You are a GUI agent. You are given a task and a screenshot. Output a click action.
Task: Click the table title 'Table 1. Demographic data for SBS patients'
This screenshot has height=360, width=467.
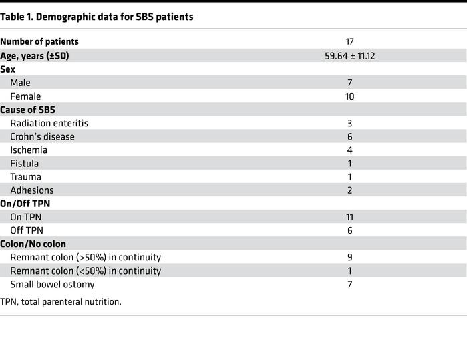click(x=98, y=17)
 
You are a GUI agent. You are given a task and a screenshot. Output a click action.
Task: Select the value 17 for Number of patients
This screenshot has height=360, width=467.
click(x=349, y=42)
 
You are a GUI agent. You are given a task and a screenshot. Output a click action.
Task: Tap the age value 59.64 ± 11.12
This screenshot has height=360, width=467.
click(x=349, y=56)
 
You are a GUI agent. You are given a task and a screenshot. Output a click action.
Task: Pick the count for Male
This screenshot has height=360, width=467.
click(x=349, y=83)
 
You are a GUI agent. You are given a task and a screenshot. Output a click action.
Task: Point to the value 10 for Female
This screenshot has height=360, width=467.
click(x=349, y=96)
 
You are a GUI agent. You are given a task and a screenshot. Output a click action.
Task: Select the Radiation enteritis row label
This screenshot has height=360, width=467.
click(x=49, y=123)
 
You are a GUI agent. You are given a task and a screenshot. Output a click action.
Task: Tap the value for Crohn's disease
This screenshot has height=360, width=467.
click(x=349, y=136)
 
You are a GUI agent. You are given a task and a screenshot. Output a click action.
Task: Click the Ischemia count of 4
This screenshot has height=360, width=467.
click(x=349, y=150)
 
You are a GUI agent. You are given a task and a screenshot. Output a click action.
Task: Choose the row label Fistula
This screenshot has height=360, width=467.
click(x=24, y=163)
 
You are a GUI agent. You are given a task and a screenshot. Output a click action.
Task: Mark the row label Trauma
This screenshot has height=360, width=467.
click(x=25, y=177)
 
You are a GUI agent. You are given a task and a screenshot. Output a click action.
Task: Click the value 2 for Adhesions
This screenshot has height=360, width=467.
click(x=349, y=190)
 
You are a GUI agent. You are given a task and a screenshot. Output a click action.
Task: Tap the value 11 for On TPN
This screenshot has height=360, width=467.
click(x=349, y=217)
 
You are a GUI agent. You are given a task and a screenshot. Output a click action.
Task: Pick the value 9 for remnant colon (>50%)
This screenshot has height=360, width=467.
click(x=349, y=257)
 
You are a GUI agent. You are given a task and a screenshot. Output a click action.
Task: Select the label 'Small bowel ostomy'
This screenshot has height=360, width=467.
click(x=52, y=285)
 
